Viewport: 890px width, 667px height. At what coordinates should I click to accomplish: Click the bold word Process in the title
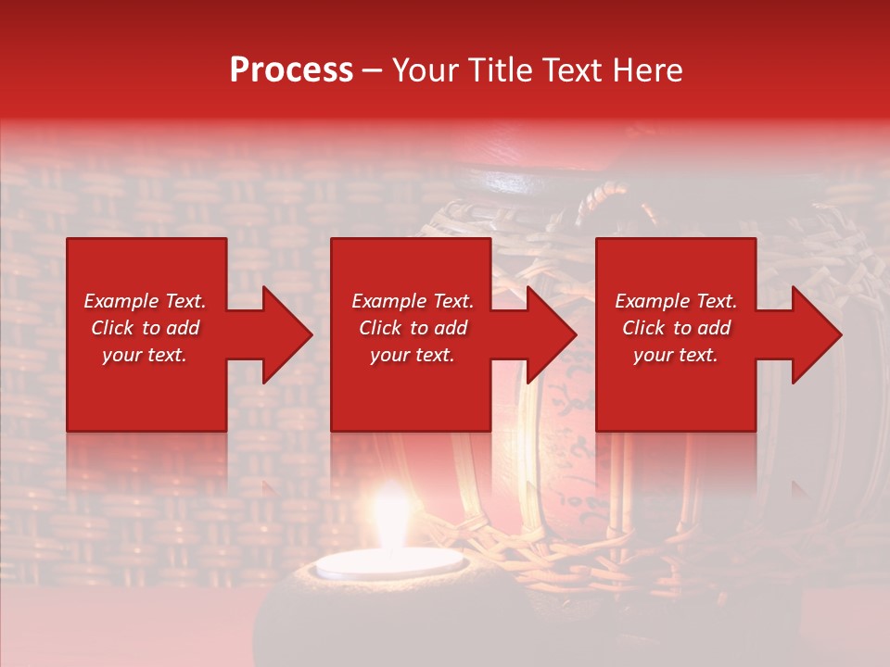tap(291, 70)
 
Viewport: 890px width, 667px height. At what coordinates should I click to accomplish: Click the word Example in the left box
tap(120, 301)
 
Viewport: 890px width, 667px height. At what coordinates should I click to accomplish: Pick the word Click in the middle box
tap(381, 328)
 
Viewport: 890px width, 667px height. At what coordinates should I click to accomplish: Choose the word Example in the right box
tap(651, 301)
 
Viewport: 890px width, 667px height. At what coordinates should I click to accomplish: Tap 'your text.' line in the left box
tap(145, 355)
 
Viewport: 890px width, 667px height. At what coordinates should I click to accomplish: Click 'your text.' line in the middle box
tap(412, 355)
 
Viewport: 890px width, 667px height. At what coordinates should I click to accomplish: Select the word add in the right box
tap(714, 328)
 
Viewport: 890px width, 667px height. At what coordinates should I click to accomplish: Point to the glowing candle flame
tap(390, 519)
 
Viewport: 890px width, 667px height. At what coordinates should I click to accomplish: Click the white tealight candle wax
tap(388, 563)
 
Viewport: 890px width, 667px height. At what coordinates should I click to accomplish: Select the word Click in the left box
tap(113, 328)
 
